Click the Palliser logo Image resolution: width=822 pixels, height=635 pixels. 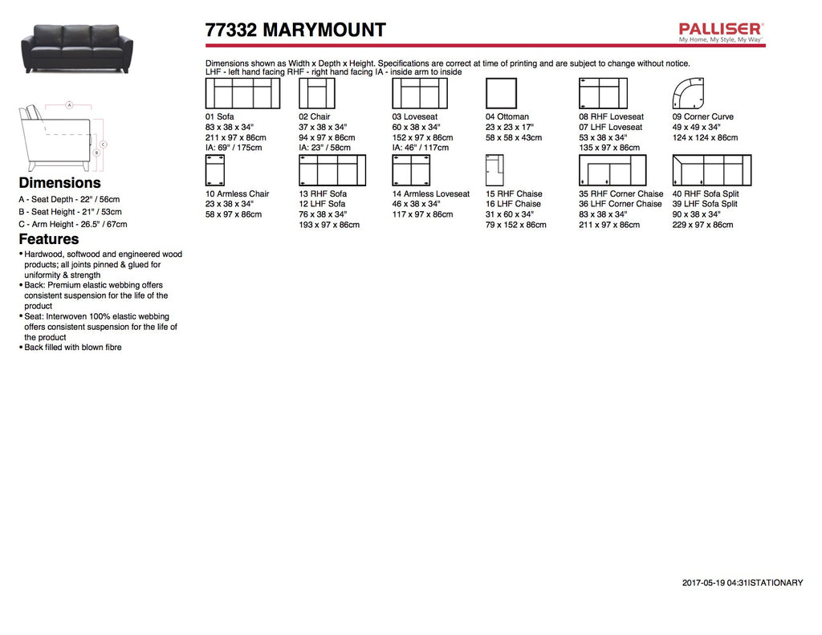pyautogui.click(x=720, y=31)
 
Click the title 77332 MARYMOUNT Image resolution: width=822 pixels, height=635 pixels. pyautogui.click(x=295, y=31)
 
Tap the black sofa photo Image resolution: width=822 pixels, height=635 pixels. pyautogui.click(x=77, y=47)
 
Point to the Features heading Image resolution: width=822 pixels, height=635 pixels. pyautogui.click(x=49, y=239)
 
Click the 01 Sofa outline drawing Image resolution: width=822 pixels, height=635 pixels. pyautogui.click(x=242, y=93)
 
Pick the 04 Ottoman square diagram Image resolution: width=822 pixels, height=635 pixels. pyautogui.click(x=501, y=93)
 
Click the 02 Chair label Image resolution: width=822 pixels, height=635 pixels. pyautogui.click(x=314, y=117)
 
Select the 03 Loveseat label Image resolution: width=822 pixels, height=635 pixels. pyautogui.click(x=414, y=117)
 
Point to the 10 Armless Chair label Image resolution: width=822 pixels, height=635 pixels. pyautogui.click(x=237, y=194)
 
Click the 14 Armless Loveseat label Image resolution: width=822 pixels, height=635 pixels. pyautogui.click(x=430, y=194)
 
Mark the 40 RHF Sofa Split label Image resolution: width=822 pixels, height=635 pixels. pyautogui.click(x=705, y=194)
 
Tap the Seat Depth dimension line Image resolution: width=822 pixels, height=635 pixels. pyautogui.click(x=70, y=105)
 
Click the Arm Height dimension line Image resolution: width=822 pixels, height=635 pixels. pyautogui.click(x=104, y=145)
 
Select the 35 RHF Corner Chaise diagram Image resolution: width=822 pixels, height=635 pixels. pyautogui.click(x=612, y=170)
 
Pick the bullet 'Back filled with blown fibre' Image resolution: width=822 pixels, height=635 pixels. pyautogui.click(x=73, y=348)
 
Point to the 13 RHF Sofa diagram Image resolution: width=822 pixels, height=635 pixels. pyautogui.click(x=332, y=170)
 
